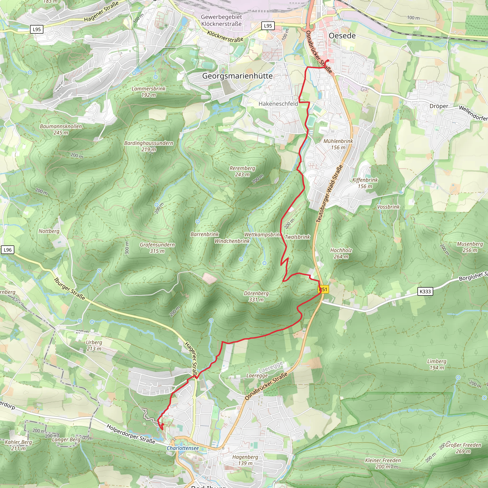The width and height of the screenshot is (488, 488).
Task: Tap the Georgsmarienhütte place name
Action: (x=237, y=76)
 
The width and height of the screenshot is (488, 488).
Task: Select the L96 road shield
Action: (x=8, y=250)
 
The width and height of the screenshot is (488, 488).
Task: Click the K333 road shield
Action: (x=425, y=291)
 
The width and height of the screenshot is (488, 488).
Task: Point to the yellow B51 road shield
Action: (x=324, y=290)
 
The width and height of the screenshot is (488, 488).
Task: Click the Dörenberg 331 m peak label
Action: (x=256, y=296)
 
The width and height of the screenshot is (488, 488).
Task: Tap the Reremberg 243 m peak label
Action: (x=242, y=171)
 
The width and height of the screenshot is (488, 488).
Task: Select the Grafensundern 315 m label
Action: (x=157, y=248)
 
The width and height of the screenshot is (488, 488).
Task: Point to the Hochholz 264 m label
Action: (x=341, y=253)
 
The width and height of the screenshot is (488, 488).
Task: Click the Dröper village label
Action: (x=439, y=106)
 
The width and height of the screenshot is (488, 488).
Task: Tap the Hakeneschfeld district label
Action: (x=278, y=104)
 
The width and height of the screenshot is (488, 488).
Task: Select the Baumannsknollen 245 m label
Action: (x=61, y=129)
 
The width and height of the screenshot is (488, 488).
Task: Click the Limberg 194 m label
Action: (x=437, y=365)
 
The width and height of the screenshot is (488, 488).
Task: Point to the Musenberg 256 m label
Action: (x=470, y=247)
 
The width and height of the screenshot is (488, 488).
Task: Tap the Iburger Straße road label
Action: (x=70, y=289)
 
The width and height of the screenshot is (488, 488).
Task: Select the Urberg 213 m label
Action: (x=94, y=346)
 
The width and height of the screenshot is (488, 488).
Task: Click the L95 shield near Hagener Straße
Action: (x=37, y=29)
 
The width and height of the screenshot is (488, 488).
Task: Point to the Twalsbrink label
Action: (x=297, y=237)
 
